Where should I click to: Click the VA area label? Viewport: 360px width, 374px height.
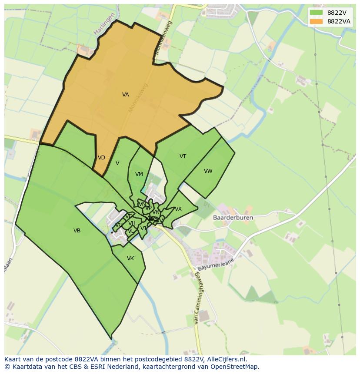[x=125, y=95]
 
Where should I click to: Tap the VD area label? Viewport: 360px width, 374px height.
[x=101, y=158]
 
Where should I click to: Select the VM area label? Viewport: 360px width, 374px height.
[x=139, y=174]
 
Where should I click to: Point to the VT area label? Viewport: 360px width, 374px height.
[x=183, y=156]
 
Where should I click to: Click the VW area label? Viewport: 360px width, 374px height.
[x=208, y=171]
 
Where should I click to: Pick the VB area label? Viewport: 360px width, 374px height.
[x=77, y=231]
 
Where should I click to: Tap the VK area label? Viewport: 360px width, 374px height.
[x=130, y=258]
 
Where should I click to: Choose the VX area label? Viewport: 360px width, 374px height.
[x=178, y=209]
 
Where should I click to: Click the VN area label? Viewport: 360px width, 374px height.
[x=141, y=204]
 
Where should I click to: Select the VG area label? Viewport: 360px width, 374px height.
[x=118, y=225]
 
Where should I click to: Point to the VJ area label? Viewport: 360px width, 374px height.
[x=143, y=228]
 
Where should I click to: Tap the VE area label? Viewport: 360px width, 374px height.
[x=128, y=216]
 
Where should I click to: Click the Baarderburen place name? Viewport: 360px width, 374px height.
[x=233, y=218]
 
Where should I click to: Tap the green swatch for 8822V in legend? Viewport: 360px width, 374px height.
[x=316, y=12]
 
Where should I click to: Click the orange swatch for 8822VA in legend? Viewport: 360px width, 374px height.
[x=316, y=21]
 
